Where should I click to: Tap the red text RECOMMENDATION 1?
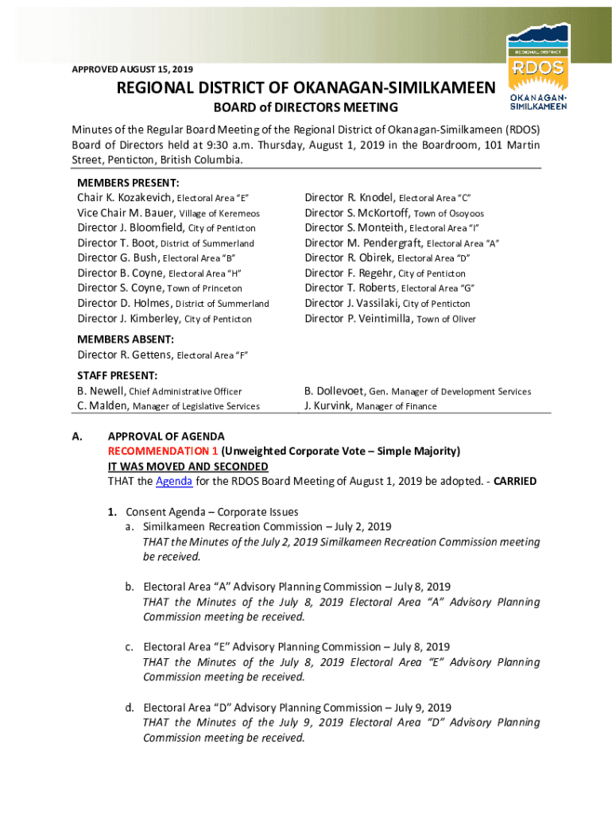click(163, 452)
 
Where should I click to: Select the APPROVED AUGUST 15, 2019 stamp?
click(132, 69)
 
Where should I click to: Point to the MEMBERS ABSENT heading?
click(126, 339)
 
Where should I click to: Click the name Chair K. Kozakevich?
click(125, 198)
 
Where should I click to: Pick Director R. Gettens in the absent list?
click(125, 355)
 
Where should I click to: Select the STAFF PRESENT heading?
click(117, 375)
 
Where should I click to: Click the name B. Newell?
click(101, 391)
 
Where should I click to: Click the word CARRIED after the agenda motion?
click(515, 482)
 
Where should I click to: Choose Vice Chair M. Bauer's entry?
click(126, 213)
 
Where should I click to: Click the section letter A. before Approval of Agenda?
click(76, 436)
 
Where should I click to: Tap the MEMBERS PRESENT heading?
click(128, 183)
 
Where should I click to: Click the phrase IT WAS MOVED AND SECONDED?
click(188, 467)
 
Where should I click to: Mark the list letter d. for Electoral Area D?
click(129, 707)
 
